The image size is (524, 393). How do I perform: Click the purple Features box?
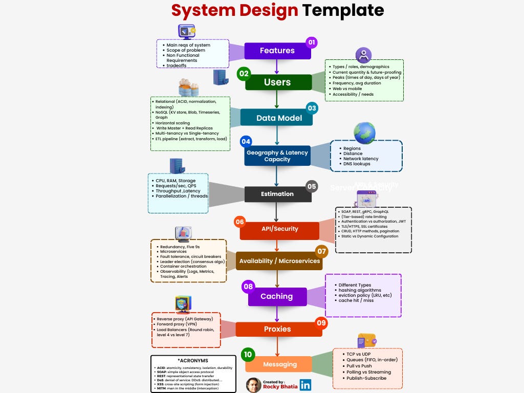click(277, 51)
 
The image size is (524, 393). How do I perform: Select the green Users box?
click(278, 82)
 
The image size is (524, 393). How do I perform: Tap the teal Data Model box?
click(279, 118)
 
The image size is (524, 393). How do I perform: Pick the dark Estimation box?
click(277, 194)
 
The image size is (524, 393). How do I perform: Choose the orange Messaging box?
click(279, 364)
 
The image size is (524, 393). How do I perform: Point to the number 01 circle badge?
click(312, 42)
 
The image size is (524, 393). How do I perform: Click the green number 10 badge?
click(248, 355)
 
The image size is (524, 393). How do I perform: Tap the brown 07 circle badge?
click(321, 251)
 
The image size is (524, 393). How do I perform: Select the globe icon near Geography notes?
click(364, 133)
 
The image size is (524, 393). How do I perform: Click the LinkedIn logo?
click(305, 385)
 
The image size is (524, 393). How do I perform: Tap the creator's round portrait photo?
click(253, 385)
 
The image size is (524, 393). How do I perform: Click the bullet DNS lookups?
click(357, 164)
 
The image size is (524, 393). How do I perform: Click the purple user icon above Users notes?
click(363, 54)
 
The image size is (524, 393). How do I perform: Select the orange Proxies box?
click(278, 329)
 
